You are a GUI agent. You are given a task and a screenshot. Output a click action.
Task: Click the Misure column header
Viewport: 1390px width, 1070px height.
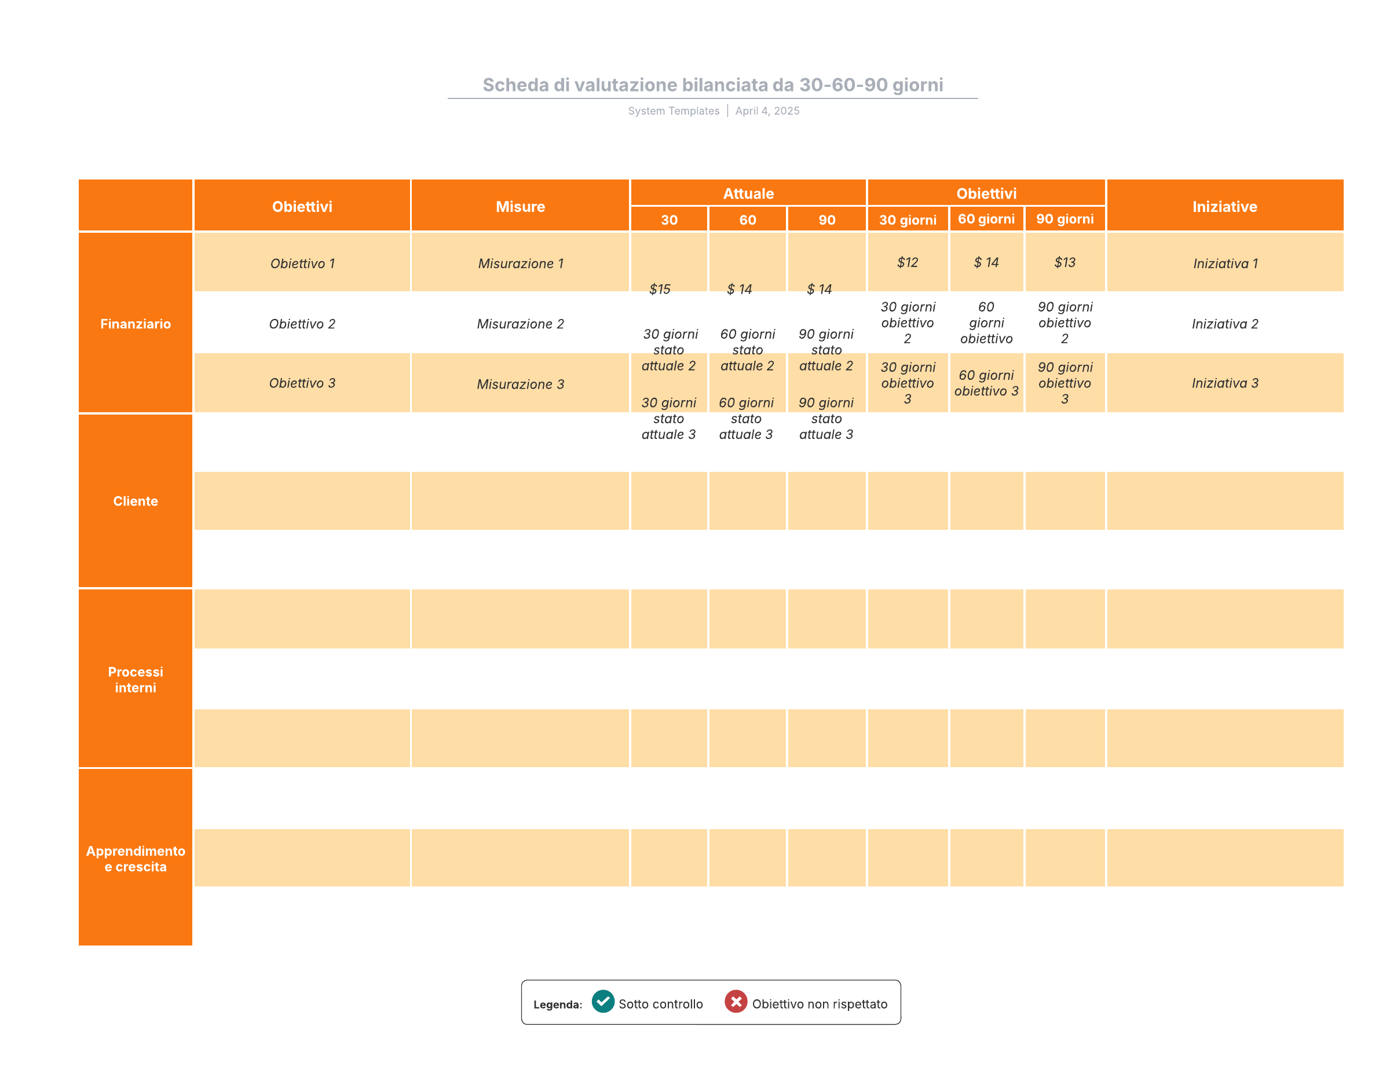520,207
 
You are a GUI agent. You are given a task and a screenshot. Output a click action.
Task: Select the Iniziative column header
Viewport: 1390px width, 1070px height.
1224,207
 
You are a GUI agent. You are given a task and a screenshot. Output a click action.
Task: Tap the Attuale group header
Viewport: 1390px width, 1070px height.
748,193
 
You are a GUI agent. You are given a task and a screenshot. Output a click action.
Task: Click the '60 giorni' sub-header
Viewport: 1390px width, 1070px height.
986,219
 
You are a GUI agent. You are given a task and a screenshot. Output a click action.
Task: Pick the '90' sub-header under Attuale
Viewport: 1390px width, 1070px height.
826,220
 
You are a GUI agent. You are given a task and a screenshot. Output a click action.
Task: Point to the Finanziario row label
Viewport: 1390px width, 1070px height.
136,324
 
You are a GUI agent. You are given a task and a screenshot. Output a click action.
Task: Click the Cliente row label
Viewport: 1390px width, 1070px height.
136,501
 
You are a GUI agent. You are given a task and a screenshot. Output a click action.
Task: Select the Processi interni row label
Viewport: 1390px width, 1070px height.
136,679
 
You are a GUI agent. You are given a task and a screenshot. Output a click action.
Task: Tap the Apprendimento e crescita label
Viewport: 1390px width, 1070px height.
136,858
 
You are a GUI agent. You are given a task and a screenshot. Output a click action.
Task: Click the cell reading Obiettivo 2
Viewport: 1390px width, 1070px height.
302,324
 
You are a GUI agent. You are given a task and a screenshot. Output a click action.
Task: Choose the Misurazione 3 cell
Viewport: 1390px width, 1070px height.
520,384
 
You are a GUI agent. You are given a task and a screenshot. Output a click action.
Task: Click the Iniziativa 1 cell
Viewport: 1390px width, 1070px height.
1225,263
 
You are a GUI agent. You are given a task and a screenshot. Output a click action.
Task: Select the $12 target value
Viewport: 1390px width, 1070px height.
907,262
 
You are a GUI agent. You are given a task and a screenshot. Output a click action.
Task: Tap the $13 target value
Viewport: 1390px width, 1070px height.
1064,262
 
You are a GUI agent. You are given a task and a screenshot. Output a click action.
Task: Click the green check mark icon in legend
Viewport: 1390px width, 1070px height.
603,1001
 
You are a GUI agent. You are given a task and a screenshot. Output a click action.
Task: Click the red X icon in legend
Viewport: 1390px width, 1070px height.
735,1001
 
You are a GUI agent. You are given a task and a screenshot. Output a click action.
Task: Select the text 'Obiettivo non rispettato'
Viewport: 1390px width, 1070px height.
819,1004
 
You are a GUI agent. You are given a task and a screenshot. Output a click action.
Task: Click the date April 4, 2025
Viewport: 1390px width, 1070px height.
767,111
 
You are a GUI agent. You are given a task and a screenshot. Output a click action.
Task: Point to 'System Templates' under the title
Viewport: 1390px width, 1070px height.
674,111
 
